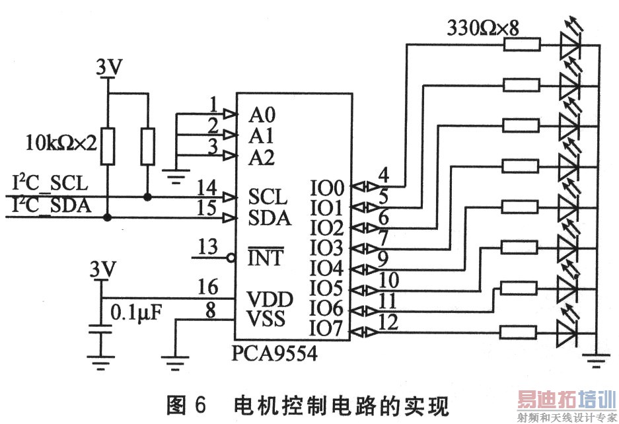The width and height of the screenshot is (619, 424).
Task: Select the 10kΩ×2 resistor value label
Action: (x=61, y=141)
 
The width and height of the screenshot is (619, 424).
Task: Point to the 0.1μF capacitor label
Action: (x=137, y=311)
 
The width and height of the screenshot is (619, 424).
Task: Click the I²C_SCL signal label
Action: (x=50, y=182)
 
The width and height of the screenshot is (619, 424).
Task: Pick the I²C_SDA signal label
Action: (x=50, y=205)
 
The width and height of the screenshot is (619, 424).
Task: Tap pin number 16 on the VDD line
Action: (x=207, y=288)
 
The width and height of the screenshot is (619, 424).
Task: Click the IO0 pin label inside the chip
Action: (x=327, y=187)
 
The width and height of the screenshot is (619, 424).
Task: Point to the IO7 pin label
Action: (x=327, y=328)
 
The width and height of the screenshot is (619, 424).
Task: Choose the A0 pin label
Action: (x=262, y=115)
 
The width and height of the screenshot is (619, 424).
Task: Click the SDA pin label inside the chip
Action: (x=270, y=217)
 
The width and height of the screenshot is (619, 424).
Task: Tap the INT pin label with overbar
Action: (x=265, y=258)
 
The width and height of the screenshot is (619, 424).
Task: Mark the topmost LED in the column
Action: (x=569, y=44)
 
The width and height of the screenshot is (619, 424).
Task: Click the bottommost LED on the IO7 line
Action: (x=569, y=332)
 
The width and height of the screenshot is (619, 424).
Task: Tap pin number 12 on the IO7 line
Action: (x=388, y=322)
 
